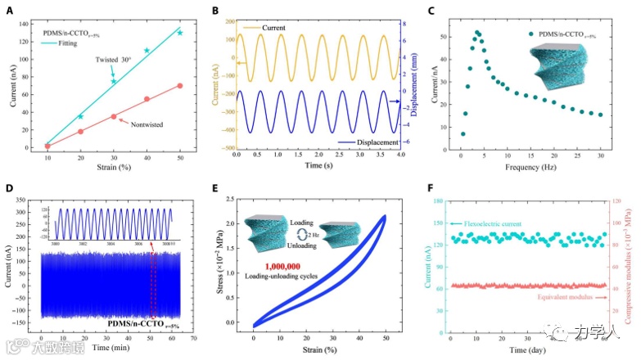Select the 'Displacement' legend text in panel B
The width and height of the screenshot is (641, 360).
pyautogui.click(x=375, y=142)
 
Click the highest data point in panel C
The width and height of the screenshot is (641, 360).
pyautogui.click(x=477, y=32)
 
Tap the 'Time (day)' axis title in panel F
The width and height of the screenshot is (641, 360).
pyautogui.click(x=530, y=348)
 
